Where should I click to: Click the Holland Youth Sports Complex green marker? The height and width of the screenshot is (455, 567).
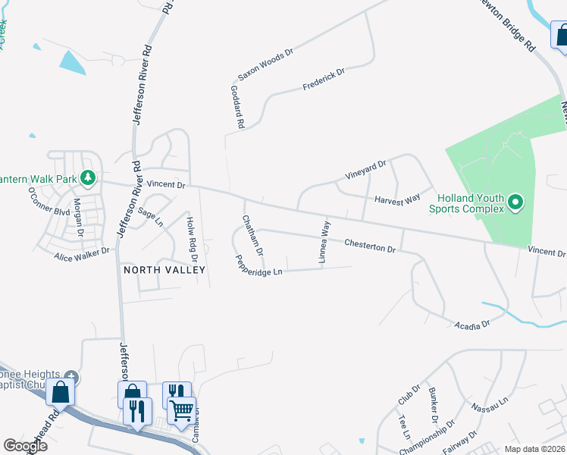pos(515,202)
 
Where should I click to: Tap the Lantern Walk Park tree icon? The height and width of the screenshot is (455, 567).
pos(89,177)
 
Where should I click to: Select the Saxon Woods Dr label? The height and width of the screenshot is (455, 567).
pos(265,64)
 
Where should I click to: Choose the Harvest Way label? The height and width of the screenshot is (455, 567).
pos(397,199)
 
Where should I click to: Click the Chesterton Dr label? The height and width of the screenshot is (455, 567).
pos(370,245)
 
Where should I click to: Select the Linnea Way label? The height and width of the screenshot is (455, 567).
pos(324,242)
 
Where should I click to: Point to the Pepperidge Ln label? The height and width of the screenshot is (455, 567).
pos(259,265)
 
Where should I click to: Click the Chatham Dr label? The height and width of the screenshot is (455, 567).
pos(252,234)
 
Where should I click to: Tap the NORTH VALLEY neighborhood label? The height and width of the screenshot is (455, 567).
pos(160,270)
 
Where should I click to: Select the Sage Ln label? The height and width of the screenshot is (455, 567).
pos(149,218)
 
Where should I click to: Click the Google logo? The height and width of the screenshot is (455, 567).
pos(25,446)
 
